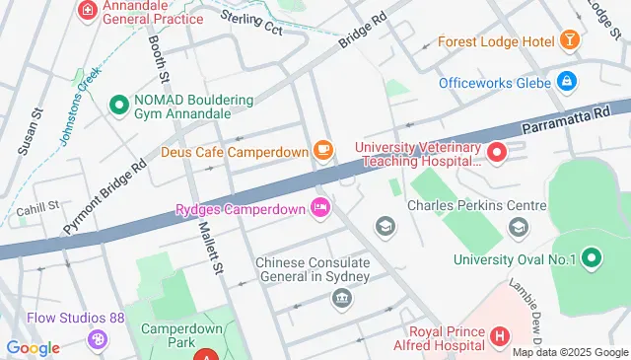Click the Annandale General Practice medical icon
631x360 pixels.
(89, 11)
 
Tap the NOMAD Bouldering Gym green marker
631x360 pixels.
(119, 103)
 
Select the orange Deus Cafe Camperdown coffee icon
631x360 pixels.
(322, 150)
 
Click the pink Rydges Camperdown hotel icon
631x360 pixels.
(319, 208)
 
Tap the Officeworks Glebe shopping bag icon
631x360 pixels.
(566, 82)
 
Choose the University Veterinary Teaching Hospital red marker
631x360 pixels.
(497, 152)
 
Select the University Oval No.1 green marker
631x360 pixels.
(592, 259)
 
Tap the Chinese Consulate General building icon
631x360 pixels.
(342, 298)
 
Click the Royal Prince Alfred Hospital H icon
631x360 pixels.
(500, 336)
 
